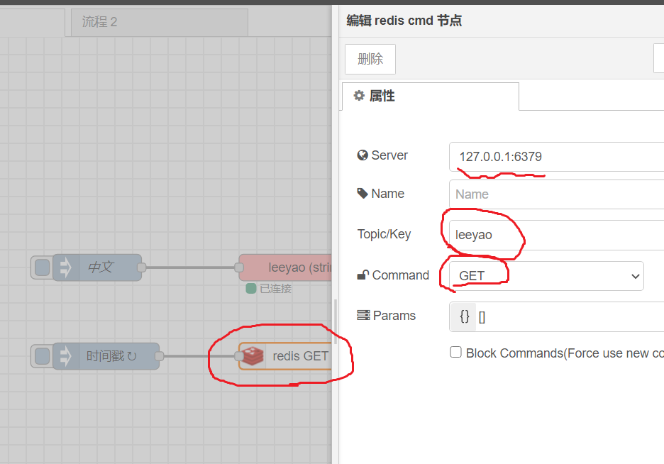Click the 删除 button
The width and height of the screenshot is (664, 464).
tap(370, 59)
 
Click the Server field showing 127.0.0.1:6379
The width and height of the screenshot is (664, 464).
tap(556, 157)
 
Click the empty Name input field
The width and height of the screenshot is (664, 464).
tap(556, 194)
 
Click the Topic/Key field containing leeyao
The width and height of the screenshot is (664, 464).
tap(556, 235)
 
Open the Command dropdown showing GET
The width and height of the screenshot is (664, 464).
tap(546, 276)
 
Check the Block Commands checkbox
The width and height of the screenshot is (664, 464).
tap(456, 353)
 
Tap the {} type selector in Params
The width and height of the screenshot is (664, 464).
tap(464, 316)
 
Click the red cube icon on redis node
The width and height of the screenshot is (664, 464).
tap(252, 356)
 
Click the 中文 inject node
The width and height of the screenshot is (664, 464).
tap(99, 267)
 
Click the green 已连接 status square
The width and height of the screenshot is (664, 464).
tap(250, 289)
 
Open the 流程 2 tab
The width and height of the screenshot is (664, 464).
tap(99, 22)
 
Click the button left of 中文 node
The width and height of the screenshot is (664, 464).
tap(42, 267)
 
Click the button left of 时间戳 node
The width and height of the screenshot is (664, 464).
tap(42, 356)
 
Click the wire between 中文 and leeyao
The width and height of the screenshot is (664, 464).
tap(189, 267)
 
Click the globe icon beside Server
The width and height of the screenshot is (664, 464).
tap(363, 155)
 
